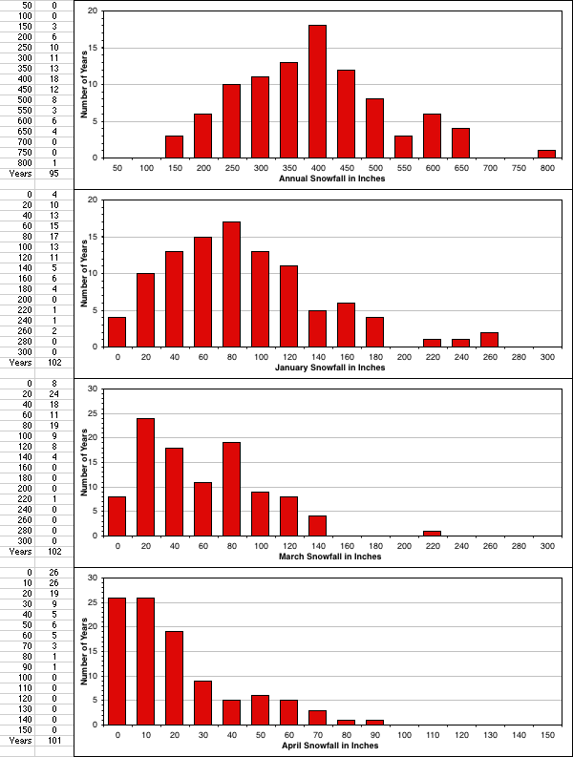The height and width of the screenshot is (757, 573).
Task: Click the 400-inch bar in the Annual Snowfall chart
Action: pos(317,92)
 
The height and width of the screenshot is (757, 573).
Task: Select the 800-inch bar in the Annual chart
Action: pos(546,154)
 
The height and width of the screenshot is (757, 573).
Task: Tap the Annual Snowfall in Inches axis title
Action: pos(331,179)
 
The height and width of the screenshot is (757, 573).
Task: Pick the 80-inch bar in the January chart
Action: pos(231,284)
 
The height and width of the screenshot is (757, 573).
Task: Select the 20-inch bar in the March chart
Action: pos(145,476)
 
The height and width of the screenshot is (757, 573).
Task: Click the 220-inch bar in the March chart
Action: pos(432,533)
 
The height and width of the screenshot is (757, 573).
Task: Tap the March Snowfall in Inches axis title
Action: pos(331,557)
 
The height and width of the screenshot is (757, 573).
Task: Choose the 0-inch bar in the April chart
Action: pos(117,661)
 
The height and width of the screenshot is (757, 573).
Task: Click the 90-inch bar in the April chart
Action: pos(374,722)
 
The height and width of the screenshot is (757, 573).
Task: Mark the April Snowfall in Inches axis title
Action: pos(331,746)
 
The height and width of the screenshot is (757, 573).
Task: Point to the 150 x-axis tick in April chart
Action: pos(546,736)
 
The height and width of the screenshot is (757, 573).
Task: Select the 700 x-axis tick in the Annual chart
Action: pos(489,168)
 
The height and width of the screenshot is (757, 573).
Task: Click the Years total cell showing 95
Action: pos(53,173)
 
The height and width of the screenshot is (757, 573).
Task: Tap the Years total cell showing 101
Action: pos(53,740)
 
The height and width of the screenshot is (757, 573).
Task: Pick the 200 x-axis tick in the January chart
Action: pos(403,357)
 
